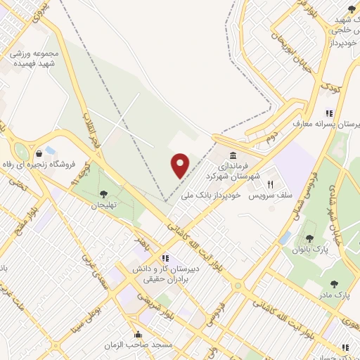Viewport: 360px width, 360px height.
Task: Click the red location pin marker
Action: (181, 165)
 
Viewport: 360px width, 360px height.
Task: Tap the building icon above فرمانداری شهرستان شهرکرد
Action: (233, 155)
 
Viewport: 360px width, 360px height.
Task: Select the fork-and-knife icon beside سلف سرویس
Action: (270, 184)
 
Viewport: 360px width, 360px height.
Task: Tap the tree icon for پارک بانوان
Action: (308, 240)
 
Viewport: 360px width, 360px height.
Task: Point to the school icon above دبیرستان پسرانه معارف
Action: (328, 112)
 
